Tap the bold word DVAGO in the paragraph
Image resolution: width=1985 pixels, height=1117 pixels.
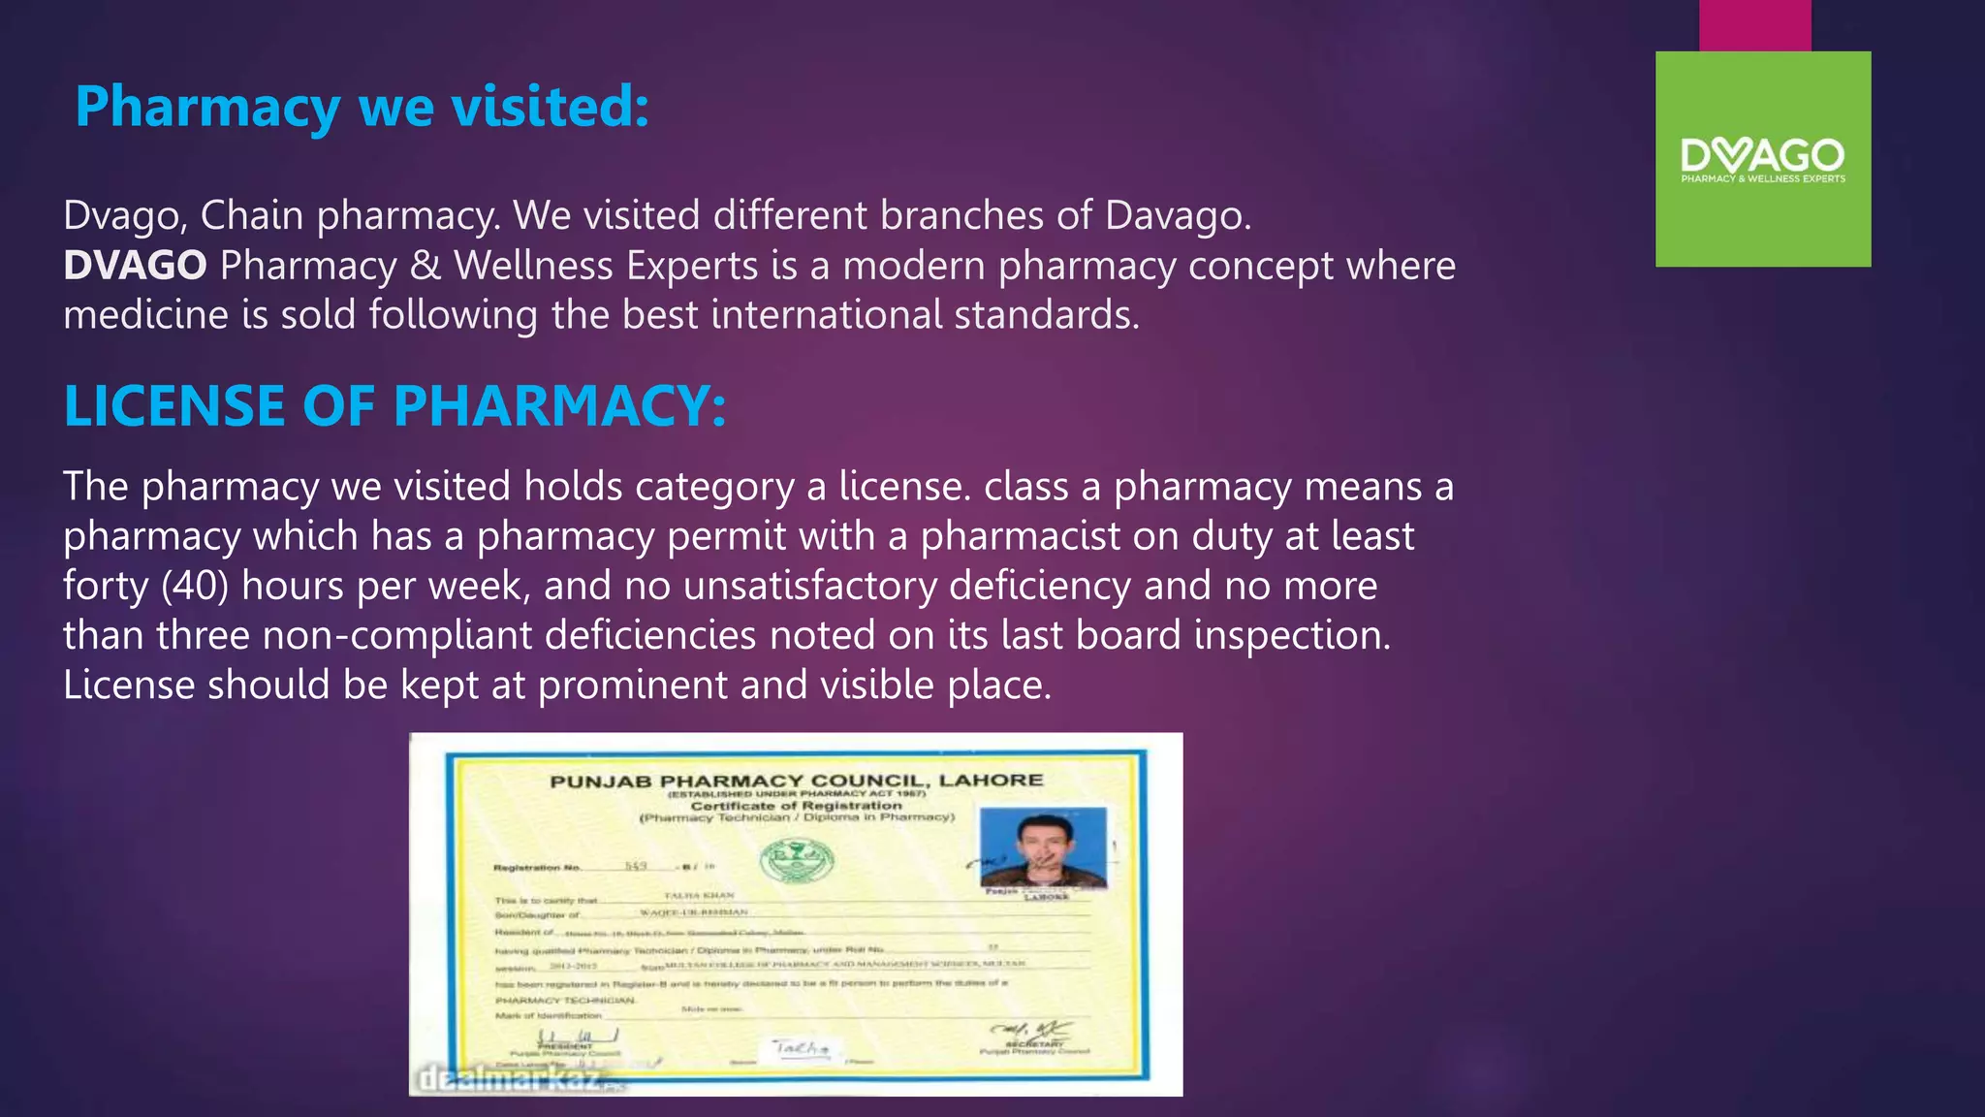[135, 266]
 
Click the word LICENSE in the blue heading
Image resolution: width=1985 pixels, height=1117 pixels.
[173, 405]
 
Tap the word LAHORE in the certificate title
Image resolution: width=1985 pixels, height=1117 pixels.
[991, 780]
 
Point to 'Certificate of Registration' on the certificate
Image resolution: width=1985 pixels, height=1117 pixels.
[796, 805]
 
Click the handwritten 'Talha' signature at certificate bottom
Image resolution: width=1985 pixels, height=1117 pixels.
[802, 1047]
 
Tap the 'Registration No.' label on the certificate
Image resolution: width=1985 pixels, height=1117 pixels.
[537, 867]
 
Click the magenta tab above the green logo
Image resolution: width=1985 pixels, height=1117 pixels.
[1754, 25]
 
